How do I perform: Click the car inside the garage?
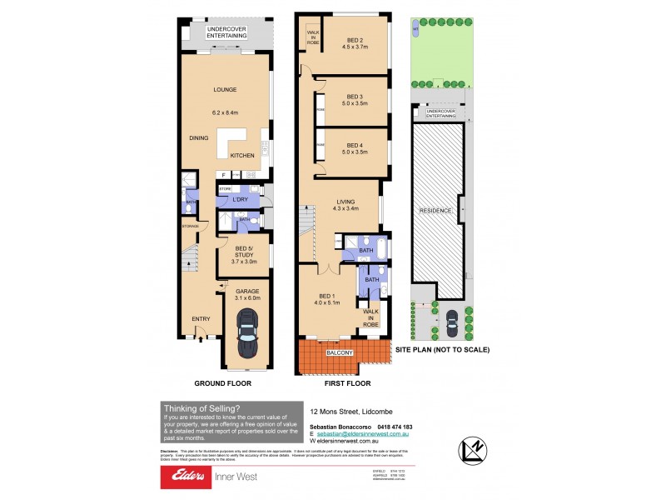point(246,332)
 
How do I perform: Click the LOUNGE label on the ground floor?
point(225,90)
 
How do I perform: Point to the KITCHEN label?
point(242,156)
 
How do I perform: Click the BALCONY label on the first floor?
point(340,353)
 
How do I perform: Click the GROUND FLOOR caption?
point(222,383)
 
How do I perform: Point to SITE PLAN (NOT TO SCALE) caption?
point(442,350)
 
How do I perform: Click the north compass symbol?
point(472,450)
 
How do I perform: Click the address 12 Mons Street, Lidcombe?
point(350,411)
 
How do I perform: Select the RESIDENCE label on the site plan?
point(435,211)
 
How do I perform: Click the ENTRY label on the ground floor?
point(201,317)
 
